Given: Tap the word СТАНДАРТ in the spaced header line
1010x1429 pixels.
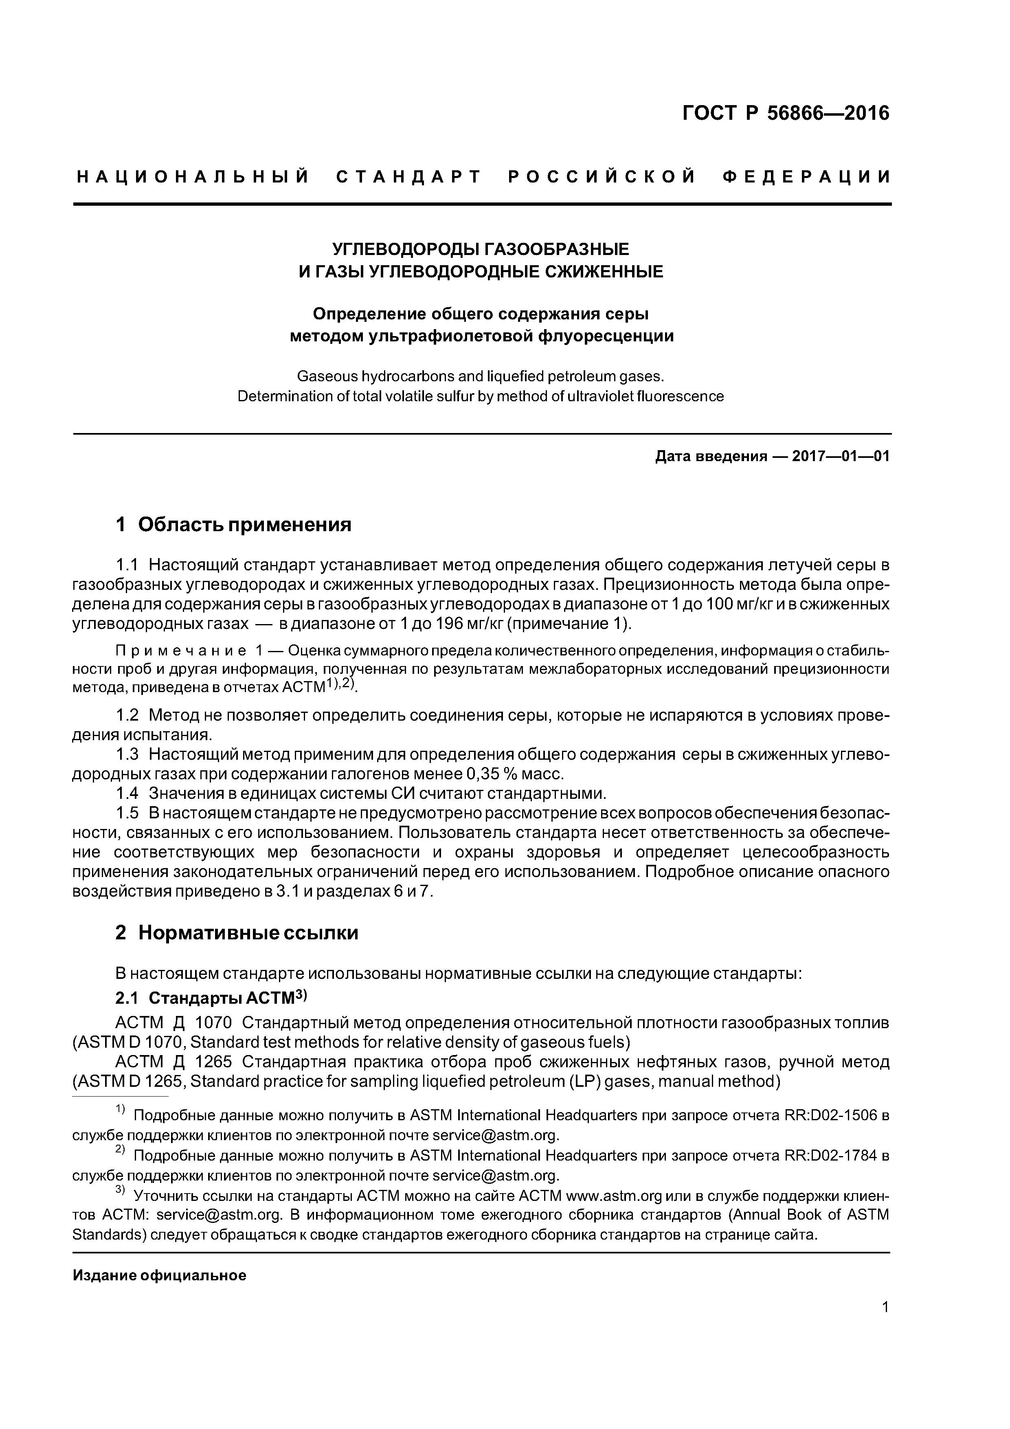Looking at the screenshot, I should (409, 177).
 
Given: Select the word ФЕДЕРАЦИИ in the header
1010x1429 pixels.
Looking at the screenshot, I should (806, 177).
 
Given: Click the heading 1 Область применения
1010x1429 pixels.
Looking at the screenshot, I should (234, 525).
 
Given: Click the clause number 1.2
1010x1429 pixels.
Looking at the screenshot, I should (127, 715).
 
